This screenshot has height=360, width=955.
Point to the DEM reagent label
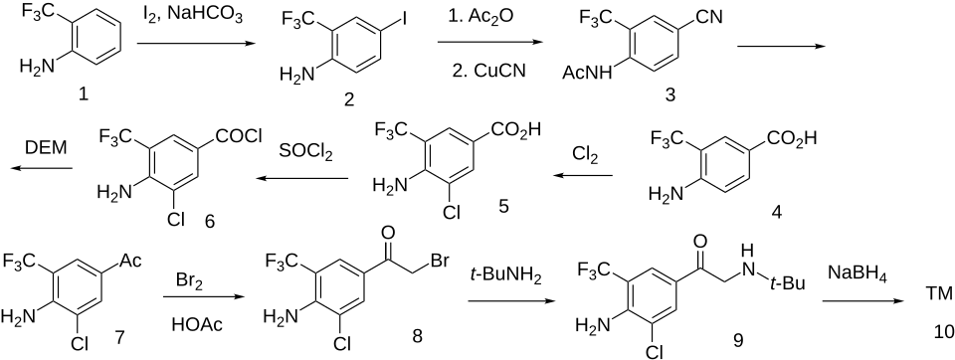[x=46, y=147]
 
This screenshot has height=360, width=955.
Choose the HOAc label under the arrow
[x=197, y=326]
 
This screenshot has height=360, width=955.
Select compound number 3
[x=669, y=95]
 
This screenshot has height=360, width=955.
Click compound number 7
[x=118, y=334]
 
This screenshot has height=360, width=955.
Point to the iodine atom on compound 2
[x=402, y=17]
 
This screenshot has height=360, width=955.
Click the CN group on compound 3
[x=708, y=17]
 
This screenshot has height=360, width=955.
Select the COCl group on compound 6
[x=239, y=136]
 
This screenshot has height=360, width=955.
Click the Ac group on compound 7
[x=130, y=262]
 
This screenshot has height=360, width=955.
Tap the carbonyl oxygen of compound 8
[x=387, y=232]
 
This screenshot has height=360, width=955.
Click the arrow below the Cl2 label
[x=584, y=176]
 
